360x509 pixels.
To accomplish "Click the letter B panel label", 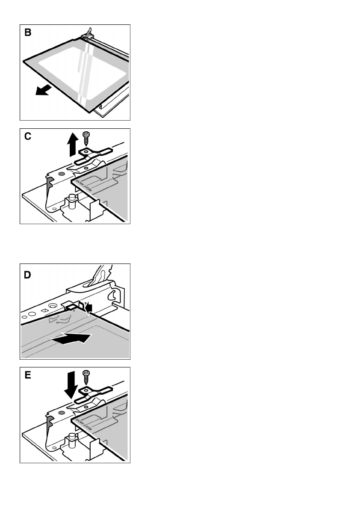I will click(x=28, y=33).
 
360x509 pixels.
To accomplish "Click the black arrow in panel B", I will click(x=44, y=90).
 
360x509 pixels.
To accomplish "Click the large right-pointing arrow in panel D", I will click(x=71, y=338).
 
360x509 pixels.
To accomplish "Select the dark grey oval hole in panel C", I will click(x=62, y=175).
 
